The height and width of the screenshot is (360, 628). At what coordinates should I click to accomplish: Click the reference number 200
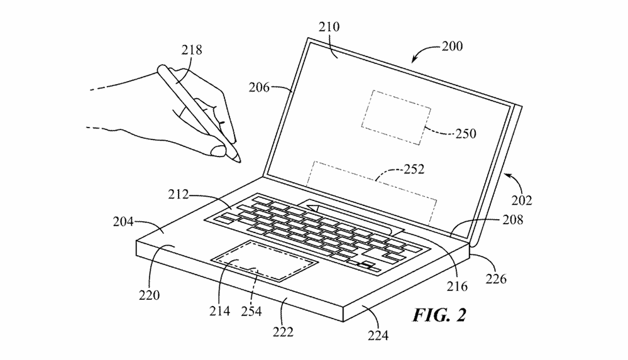click(x=452, y=46)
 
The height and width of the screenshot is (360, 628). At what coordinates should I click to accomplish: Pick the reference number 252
click(x=413, y=169)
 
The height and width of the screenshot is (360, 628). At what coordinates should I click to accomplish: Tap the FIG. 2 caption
click(x=439, y=314)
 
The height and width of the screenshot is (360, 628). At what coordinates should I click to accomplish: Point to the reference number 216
click(x=456, y=286)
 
